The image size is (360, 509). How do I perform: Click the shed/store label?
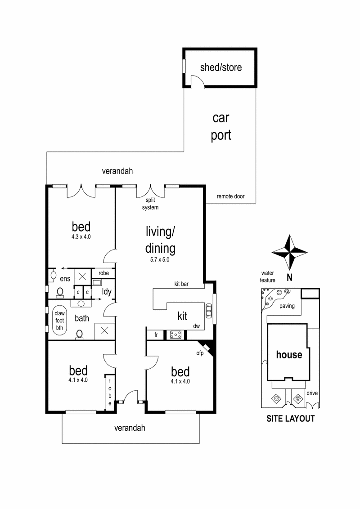coord(220,67)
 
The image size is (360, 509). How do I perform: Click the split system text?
coord(150,204)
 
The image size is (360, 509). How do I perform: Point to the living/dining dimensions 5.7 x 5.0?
coord(160,259)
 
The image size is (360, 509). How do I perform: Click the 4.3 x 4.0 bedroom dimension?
coord(81,236)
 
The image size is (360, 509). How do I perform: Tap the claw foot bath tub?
coord(60,321)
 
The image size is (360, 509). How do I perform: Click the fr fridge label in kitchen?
coord(155,335)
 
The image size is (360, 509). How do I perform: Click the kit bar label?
coord(183,284)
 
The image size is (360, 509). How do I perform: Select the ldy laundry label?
coord(107,292)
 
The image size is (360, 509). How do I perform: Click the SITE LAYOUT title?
coord(290,419)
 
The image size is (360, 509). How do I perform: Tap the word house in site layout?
coord(289,354)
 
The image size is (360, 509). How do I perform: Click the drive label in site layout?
coord(311,393)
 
